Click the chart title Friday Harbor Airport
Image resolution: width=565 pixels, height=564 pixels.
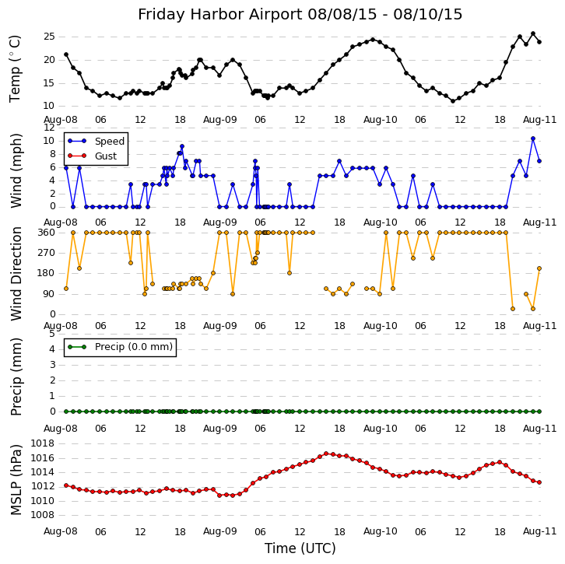click(x=300, y=15)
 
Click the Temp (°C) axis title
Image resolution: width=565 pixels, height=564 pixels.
click(x=16, y=68)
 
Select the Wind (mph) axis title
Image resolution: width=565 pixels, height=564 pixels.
click(x=16, y=170)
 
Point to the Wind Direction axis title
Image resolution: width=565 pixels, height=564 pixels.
click(x=16, y=273)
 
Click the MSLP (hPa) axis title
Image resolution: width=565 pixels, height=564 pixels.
click(x=16, y=479)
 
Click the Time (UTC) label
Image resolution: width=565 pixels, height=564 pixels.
click(x=300, y=548)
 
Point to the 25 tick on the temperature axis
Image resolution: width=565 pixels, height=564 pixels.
click(x=48, y=37)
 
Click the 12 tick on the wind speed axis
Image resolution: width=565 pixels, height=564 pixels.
click(x=49, y=127)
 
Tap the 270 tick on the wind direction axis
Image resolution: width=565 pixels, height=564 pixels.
click(x=46, y=253)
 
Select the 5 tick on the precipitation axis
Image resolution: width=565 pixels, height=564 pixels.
click(x=51, y=333)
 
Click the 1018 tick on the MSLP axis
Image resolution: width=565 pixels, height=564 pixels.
click(x=43, y=443)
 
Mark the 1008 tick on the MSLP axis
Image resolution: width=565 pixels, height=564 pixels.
click(x=43, y=514)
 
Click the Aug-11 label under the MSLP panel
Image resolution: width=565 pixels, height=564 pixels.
click(x=540, y=532)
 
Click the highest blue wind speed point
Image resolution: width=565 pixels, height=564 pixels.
click(x=533, y=138)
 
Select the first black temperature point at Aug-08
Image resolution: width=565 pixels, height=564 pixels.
click(x=66, y=54)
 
